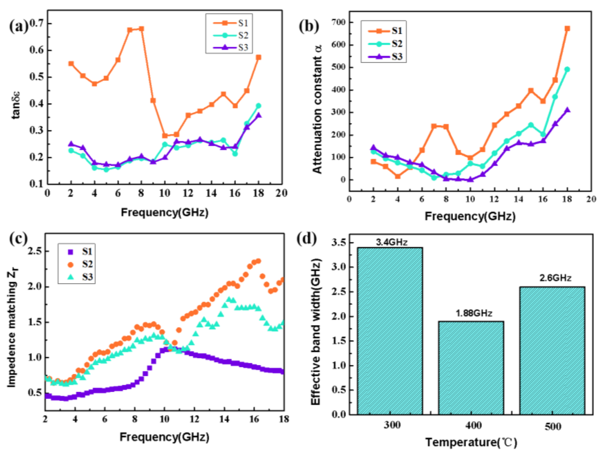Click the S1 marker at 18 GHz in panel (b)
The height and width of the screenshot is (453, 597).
(x=567, y=29)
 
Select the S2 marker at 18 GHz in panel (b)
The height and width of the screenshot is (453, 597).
(x=567, y=69)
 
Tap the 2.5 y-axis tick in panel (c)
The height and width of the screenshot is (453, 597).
(x=36, y=251)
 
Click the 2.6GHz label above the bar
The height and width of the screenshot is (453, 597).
(x=555, y=278)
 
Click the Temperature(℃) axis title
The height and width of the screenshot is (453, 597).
(x=471, y=442)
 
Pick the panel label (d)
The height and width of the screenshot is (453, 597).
(x=306, y=239)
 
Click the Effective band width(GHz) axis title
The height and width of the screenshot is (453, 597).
(x=316, y=332)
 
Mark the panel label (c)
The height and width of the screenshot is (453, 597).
(x=18, y=239)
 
